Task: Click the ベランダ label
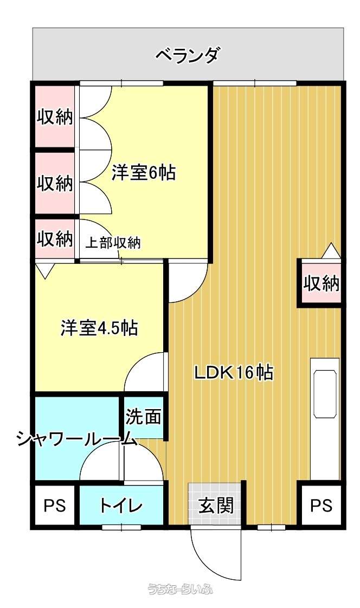188,56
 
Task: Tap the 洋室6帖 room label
144,172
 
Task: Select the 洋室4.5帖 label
99,328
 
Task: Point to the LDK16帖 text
234,373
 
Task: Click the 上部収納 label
113,243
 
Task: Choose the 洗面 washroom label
143,417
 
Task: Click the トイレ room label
121,506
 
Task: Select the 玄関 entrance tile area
215,504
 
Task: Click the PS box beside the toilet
54,505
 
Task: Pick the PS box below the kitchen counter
321,505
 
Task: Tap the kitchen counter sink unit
325,394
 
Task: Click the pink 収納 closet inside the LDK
321,283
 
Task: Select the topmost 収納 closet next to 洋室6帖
55,117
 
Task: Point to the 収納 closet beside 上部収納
55,239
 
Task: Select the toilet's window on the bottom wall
121,527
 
